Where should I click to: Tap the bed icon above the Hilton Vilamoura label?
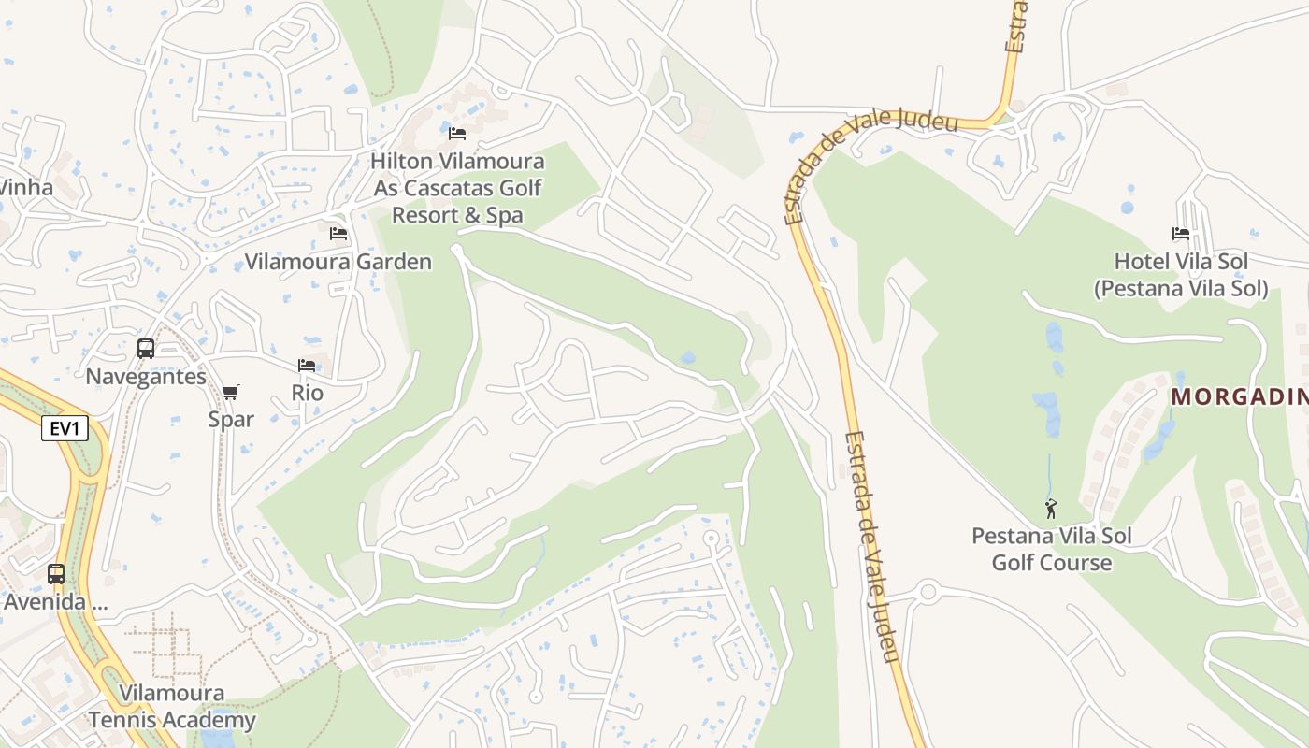(457, 134)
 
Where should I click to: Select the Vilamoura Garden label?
(338, 262)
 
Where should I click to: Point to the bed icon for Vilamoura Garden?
(338, 233)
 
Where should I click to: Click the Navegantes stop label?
(146, 377)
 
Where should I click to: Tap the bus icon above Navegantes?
(146, 349)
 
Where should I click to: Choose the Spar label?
(231, 419)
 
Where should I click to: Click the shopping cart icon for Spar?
(231, 392)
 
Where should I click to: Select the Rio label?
(307, 393)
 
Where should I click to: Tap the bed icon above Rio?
(307, 366)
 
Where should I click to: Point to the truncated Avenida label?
(56, 601)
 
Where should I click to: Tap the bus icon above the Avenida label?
(56, 573)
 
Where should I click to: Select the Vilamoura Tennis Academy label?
(172, 707)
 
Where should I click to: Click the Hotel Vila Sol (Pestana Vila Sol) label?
(1181, 275)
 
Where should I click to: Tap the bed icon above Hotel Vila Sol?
(1181, 234)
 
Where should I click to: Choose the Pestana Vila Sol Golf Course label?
(1052, 549)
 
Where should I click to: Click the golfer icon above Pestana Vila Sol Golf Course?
(1051, 509)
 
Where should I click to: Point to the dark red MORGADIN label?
(1239, 396)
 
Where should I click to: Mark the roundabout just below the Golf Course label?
(928, 592)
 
